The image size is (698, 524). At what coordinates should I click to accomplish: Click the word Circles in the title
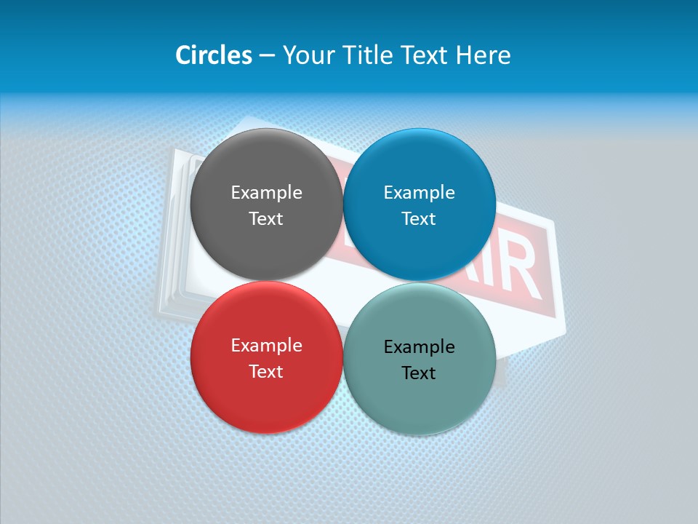click(x=214, y=55)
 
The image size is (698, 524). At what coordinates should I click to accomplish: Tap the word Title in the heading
click(x=367, y=55)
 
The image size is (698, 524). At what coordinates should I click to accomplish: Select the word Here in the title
click(x=484, y=55)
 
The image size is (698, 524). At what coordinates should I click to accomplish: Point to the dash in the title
click(x=267, y=56)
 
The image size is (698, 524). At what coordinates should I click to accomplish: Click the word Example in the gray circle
click(x=266, y=192)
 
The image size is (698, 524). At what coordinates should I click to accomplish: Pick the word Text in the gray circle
click(x=266, y=218)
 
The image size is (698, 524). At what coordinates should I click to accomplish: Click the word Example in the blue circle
click(x=419, y=192)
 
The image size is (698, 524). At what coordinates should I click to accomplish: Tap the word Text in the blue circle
click(x=419, y=218)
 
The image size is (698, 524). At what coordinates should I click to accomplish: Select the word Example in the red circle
click(x=266, y=345)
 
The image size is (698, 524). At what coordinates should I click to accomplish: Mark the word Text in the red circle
click(x=266, y=371)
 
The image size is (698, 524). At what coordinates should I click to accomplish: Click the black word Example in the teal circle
click(x=419, y=346)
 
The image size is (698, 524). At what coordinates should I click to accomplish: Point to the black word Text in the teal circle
click(x=419, y=373)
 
